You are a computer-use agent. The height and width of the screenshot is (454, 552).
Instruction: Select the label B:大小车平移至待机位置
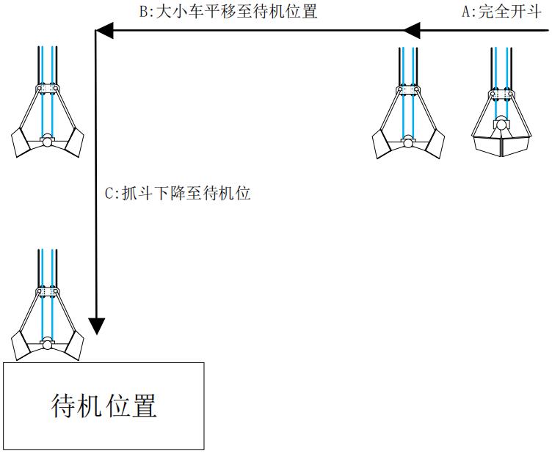[228, 12]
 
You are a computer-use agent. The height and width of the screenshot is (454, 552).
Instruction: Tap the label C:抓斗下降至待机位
[178, 194]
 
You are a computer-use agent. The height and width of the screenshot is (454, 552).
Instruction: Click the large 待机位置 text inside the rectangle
[104, 405]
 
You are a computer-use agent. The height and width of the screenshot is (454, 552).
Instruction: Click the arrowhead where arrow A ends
[412, 30]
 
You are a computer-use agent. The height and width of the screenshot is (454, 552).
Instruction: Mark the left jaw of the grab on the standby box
[22, 345]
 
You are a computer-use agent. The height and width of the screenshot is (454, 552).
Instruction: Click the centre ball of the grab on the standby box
[48, 343]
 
